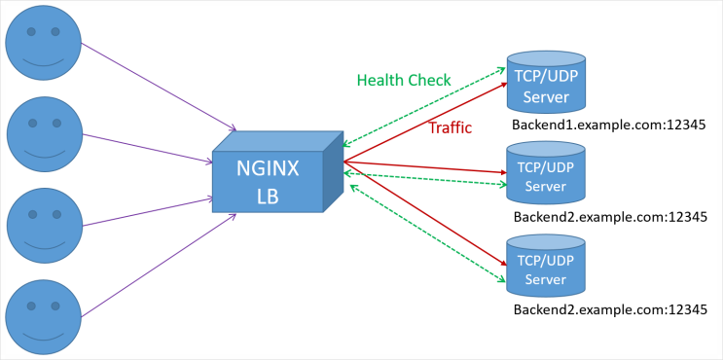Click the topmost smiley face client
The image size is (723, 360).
tap(44, 43)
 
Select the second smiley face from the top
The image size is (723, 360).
tap(44, 134)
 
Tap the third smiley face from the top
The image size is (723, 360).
tap(44, 226)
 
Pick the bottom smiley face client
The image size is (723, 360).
tap(44, 316)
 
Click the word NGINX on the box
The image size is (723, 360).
tap(268, 168)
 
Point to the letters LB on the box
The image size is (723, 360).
tap(268, 196)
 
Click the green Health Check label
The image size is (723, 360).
tap(404, 81)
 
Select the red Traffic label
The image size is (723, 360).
tap(451, 127)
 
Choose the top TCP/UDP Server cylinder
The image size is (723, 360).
tap(545, 83)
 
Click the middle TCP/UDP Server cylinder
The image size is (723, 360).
tap(545, 173)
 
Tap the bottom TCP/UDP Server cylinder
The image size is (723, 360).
tap(545, 266)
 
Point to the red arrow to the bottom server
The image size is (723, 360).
tap(428, 214)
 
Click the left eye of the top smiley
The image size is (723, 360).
tap(31, 32)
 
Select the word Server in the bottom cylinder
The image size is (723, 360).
tap(545, 279)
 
